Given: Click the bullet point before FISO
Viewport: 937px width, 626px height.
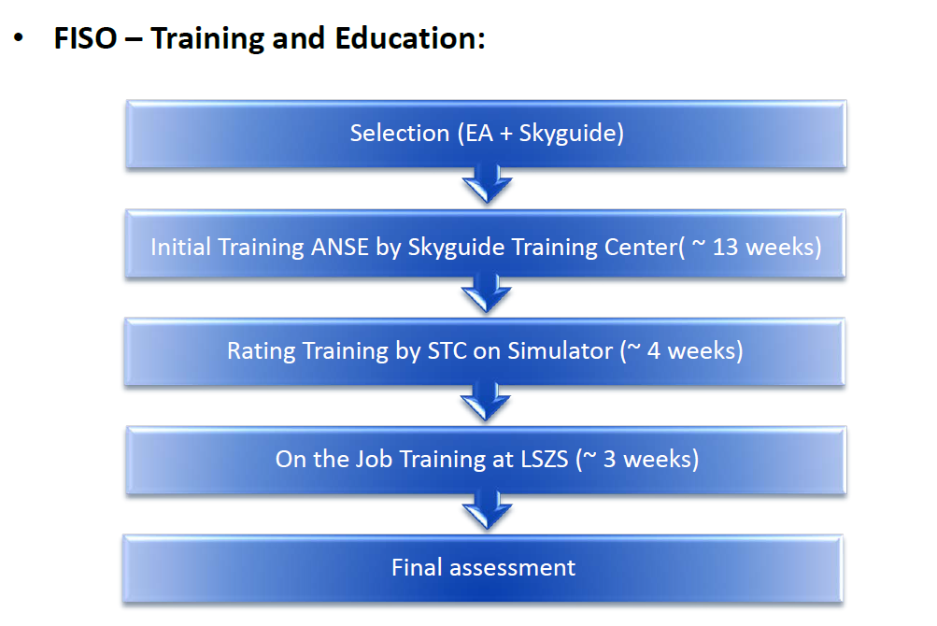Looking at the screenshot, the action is click(x=19, y=38).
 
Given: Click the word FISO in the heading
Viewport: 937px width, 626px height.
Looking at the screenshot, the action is click(x=85, y=38).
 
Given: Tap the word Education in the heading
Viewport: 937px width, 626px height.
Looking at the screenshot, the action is click(x=410, y=38).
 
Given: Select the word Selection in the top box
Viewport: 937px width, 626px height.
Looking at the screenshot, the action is click(x=399, y=133).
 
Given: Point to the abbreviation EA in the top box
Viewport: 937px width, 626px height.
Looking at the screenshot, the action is click(x=479, y=133).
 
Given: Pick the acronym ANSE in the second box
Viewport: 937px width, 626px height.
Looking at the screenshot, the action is click(x=339, y=247).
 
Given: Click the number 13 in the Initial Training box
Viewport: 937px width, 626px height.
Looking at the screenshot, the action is click(x=726, y=247).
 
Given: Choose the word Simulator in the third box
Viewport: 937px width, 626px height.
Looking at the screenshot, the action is click(x=560, y=351).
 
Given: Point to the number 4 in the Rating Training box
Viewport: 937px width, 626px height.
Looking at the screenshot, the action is click(x=654, y=351).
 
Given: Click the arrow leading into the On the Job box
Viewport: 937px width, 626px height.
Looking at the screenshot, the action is click(x=485, y=402).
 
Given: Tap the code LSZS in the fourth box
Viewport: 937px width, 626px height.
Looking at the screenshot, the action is click(x=545, y=459).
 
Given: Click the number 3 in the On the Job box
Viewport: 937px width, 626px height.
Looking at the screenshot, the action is click(x=609, y=459).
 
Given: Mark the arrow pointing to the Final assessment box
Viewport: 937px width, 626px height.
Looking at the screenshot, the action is click(x=487, y=510).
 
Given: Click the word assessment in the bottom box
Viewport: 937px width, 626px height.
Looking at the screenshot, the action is click(x=512, y=567).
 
